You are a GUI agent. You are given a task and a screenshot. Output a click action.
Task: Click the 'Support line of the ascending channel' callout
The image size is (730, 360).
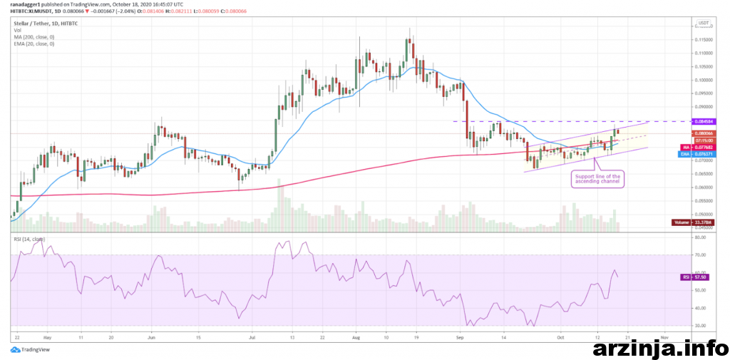(x=598, y=179)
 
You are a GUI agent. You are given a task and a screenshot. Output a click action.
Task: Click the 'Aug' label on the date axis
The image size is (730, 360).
(x=356, y=335)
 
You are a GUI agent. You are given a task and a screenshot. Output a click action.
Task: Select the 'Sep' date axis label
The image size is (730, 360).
(x=460, y=335)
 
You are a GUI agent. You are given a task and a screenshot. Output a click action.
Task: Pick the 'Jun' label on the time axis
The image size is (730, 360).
(x=151, y=335)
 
